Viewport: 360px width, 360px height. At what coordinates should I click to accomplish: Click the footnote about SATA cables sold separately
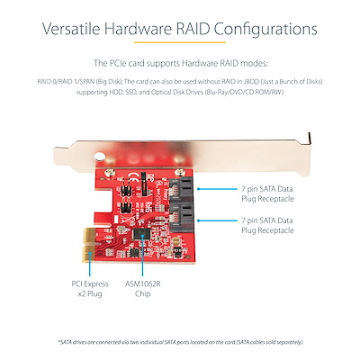point(179,343)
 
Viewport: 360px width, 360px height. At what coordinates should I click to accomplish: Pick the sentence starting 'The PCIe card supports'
point(180,64)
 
